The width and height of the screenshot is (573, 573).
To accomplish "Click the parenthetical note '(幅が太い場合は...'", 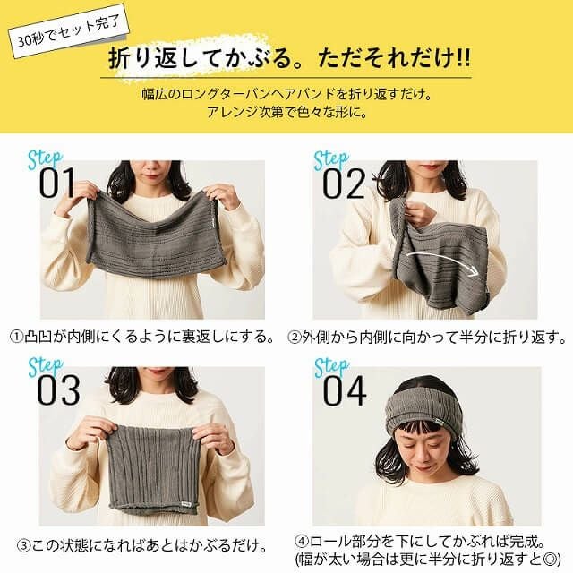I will [x=427, y=560].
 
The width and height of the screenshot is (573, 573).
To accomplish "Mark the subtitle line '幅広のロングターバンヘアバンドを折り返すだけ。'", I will [x=287, y=95].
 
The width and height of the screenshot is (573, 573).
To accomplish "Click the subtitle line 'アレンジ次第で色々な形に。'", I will [x=287, y=114].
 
